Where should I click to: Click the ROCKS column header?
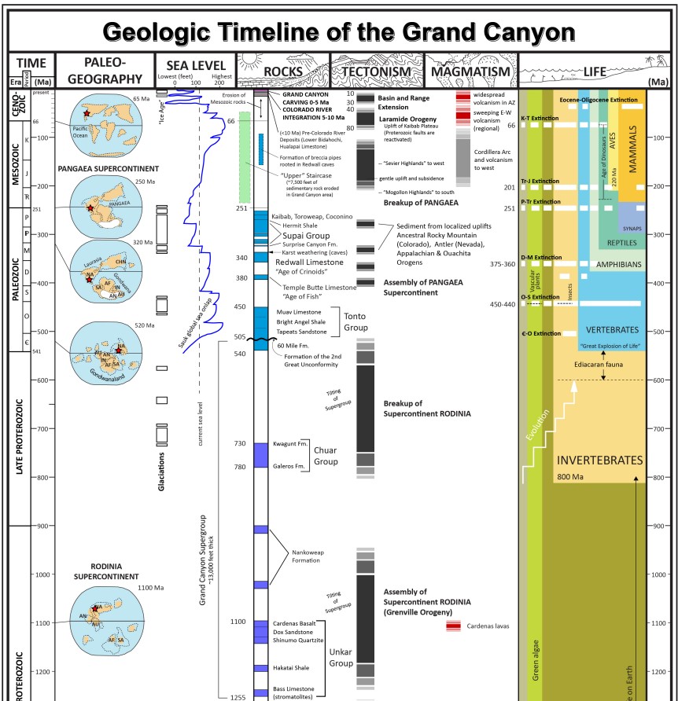[x=283, y=73]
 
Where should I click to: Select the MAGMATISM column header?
[x=470, y=73]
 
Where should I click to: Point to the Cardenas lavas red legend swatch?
[x=453, y=626]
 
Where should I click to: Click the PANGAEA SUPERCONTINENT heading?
[x=109, y=168]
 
